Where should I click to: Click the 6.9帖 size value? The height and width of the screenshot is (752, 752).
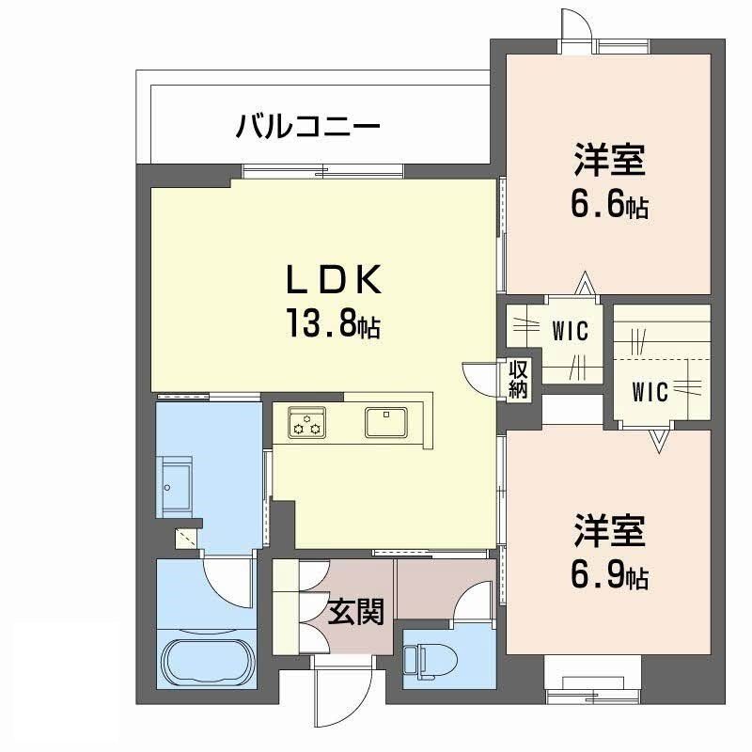610,573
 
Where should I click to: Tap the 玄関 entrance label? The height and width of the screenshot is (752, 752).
356,613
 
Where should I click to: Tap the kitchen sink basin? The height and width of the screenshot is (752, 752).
385,422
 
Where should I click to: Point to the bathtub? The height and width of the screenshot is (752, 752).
206,661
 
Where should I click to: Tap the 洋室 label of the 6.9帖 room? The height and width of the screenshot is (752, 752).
610,532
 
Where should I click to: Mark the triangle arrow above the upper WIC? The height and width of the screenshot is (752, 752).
585,282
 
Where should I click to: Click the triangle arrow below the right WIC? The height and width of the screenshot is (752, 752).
657,438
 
